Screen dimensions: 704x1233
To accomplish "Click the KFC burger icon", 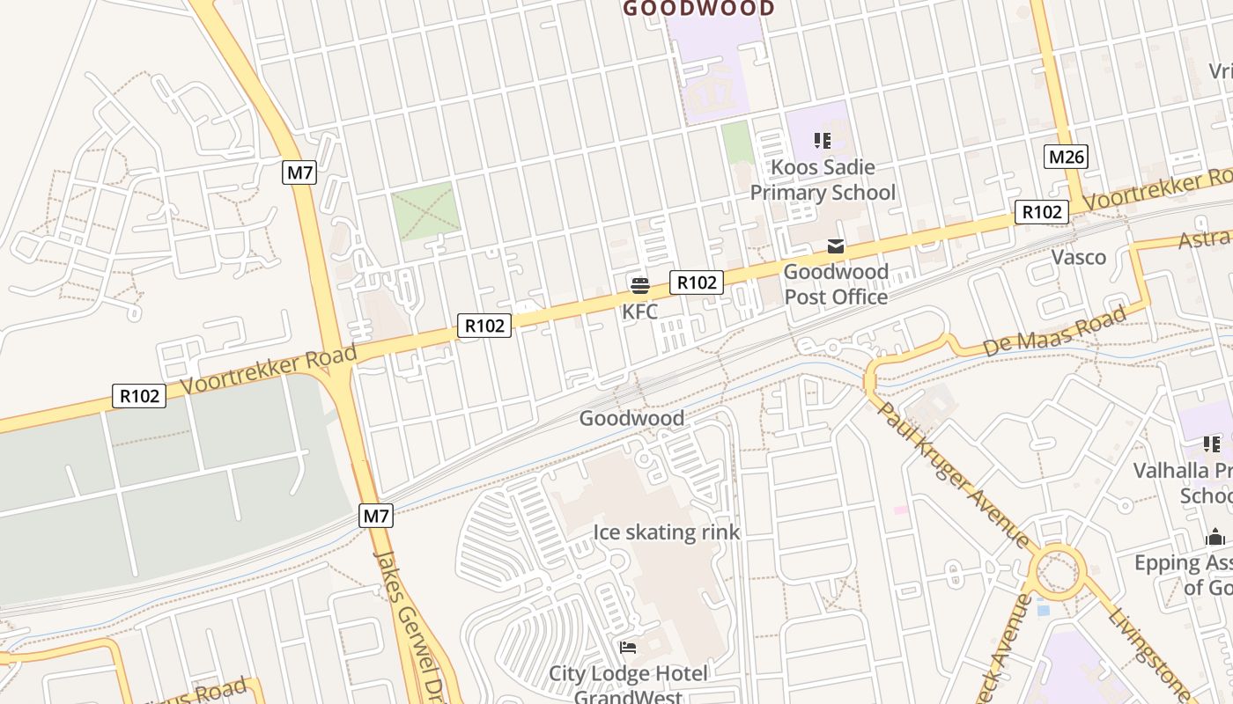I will (640, 285).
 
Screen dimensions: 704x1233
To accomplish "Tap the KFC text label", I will (640, 312).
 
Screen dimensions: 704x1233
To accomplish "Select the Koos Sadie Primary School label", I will (823, 180).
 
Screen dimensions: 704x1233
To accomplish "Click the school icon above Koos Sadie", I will (823, 141).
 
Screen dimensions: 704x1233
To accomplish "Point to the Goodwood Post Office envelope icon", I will (836, 246).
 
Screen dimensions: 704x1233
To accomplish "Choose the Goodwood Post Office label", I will (836, 284).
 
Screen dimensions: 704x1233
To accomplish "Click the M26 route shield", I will (1067, 158).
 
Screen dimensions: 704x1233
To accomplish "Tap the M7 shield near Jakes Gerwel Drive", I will (376, 517).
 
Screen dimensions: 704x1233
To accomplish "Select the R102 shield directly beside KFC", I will (697, 282).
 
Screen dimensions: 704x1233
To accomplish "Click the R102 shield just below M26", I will (1042, 212).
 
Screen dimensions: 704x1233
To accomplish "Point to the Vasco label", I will (1079, 257).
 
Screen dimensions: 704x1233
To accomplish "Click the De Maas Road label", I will (1054, 332).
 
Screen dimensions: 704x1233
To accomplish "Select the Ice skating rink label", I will (667, 532).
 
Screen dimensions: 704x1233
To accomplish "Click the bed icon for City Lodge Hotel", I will (628, 648).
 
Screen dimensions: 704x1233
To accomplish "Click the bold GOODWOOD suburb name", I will (698, 9).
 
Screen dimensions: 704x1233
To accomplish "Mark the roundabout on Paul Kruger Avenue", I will (1057, 573).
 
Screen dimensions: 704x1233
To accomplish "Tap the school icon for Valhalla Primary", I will (1214, 444).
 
